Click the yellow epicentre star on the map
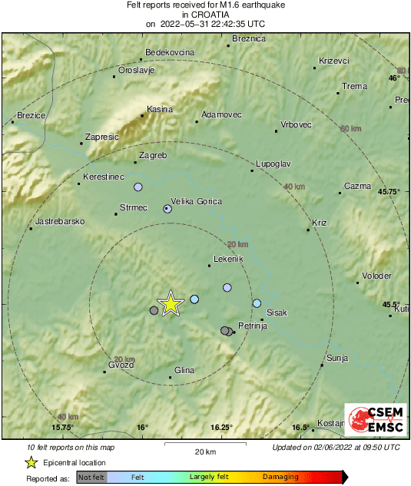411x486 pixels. pos(171,304)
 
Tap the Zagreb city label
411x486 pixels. pos(152,156)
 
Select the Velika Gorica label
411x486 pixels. pos(196,202)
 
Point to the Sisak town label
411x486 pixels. pos(276,313)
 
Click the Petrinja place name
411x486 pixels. pos(252,326)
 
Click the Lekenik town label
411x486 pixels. pos(228,260)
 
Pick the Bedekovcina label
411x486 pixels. pos(170,53)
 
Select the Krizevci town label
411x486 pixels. pos(334,61)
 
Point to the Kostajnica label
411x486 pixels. pos(331,424)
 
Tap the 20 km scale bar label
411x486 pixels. pos(204,451)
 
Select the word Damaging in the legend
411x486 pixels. pos(281,477)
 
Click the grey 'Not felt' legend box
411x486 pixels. pos(91,477)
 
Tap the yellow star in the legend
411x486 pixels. pos(31,462)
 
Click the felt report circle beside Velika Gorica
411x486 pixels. pos(167,209)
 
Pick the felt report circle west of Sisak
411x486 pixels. pos(257,303)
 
